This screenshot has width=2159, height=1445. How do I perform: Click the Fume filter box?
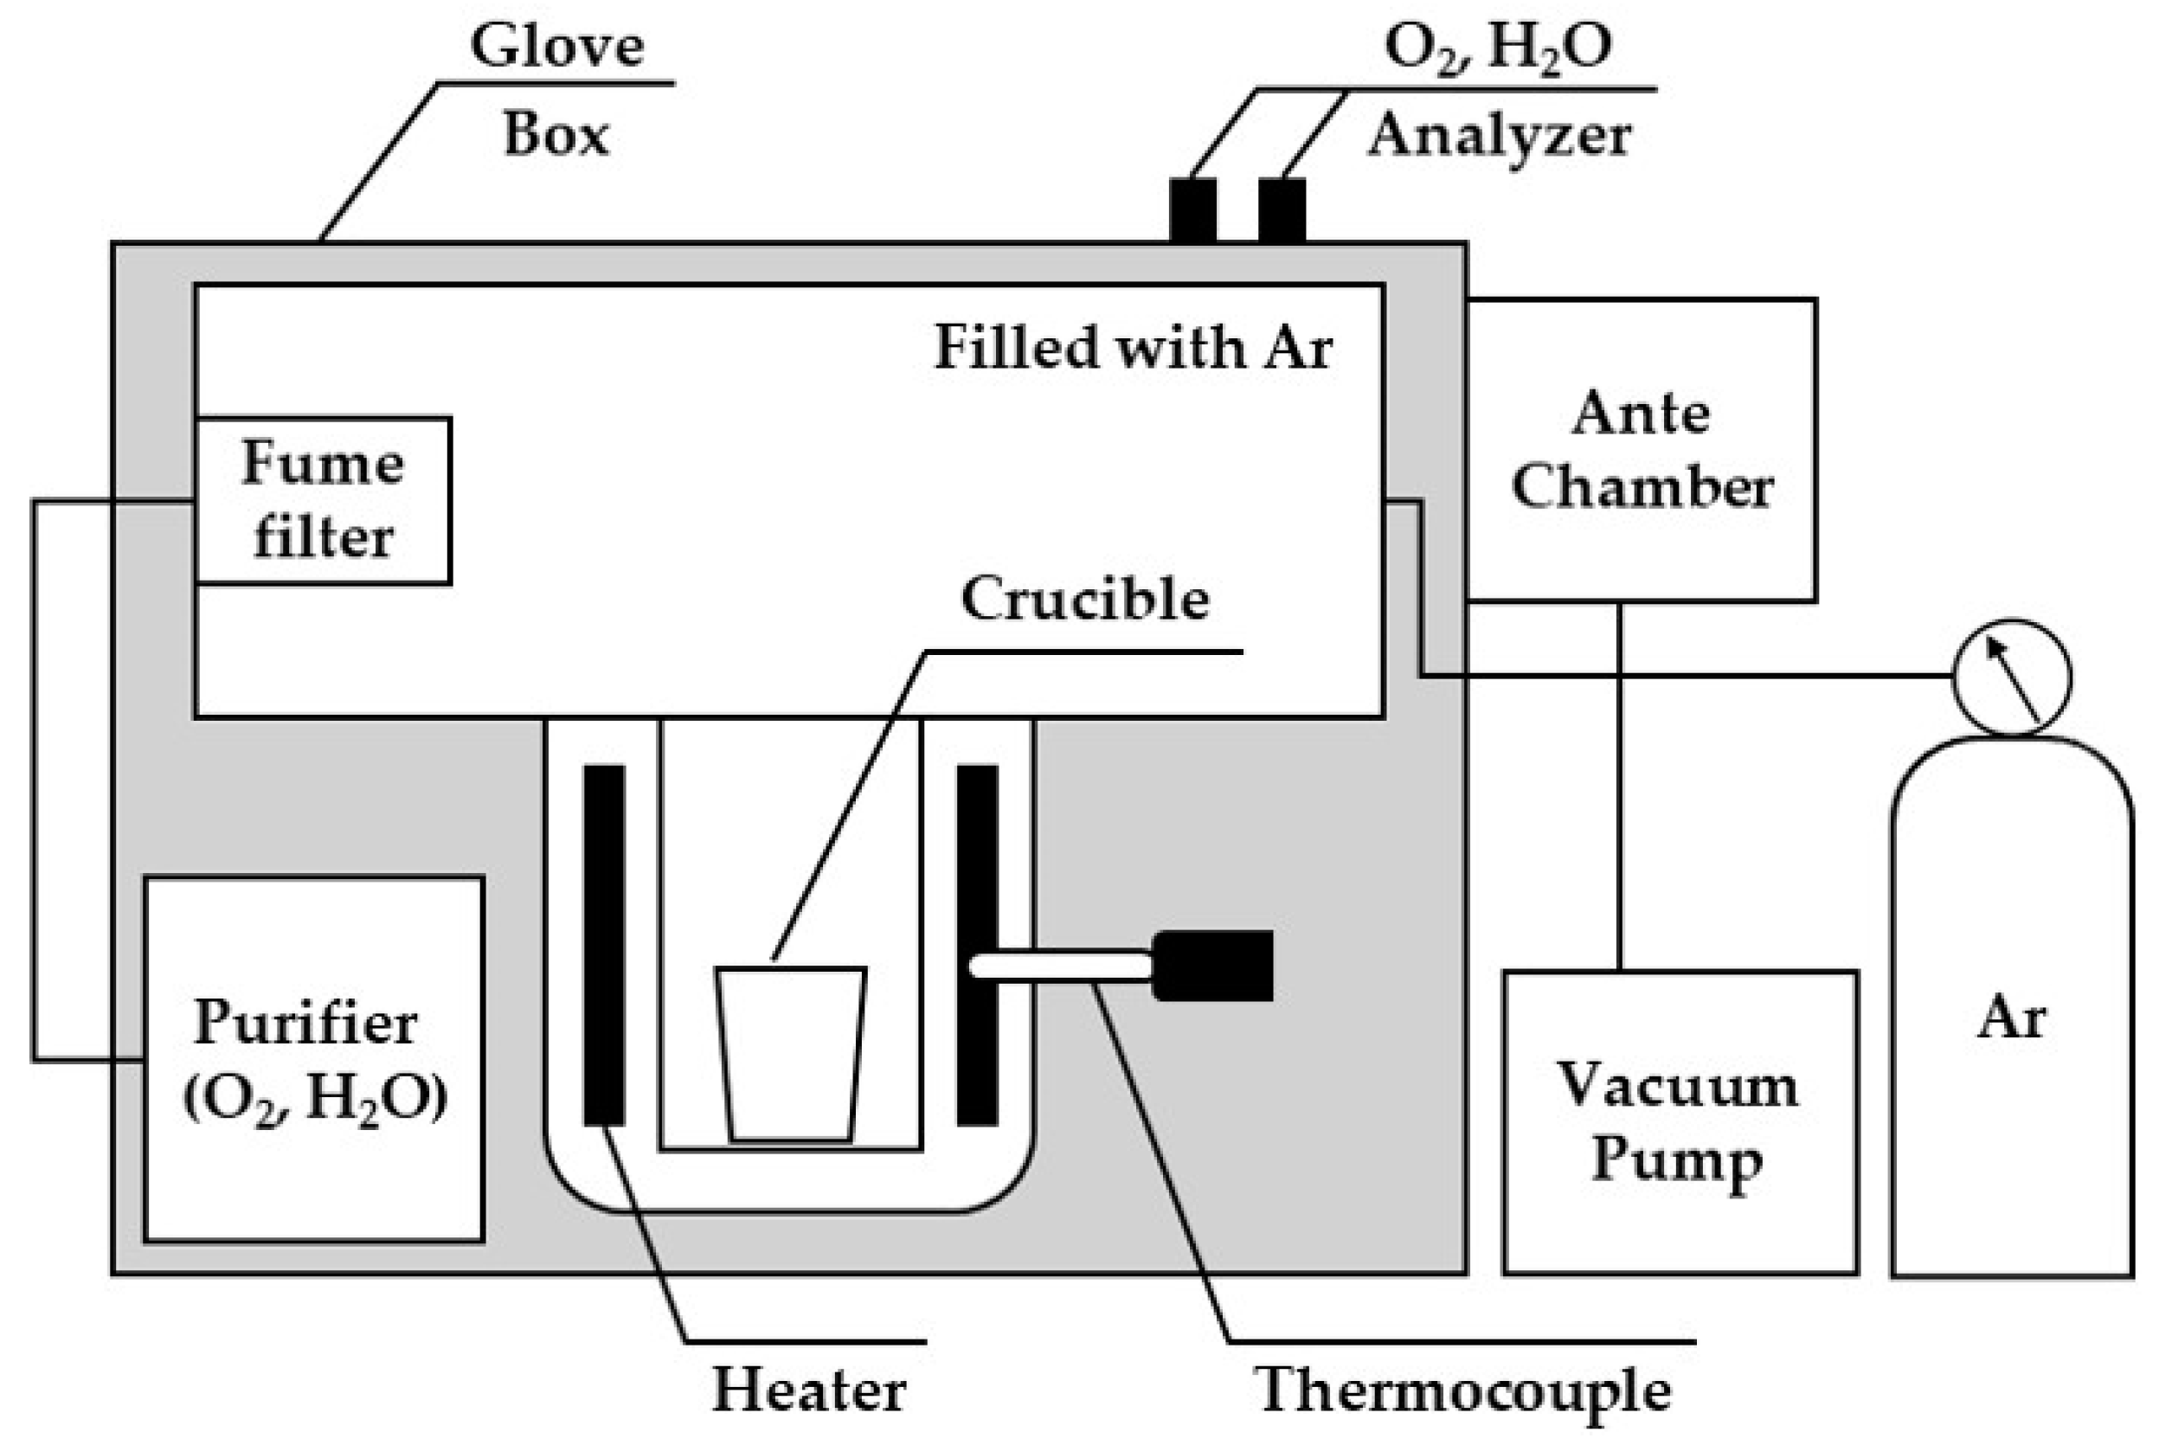323,500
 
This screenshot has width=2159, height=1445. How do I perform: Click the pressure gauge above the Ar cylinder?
2011,678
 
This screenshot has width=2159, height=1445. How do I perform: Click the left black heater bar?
603,945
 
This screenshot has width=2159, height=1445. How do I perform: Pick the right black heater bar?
977,945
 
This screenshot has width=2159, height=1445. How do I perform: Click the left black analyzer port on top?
1192,210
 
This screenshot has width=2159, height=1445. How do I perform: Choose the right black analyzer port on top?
1282,210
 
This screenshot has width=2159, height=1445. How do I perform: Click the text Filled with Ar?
1133,349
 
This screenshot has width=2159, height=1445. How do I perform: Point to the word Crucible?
1084,599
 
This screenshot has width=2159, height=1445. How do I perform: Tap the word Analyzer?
1500,137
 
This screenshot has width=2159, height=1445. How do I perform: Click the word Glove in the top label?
556,46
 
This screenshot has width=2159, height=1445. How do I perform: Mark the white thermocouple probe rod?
1060,965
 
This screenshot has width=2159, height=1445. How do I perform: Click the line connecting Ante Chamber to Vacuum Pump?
1619,783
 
